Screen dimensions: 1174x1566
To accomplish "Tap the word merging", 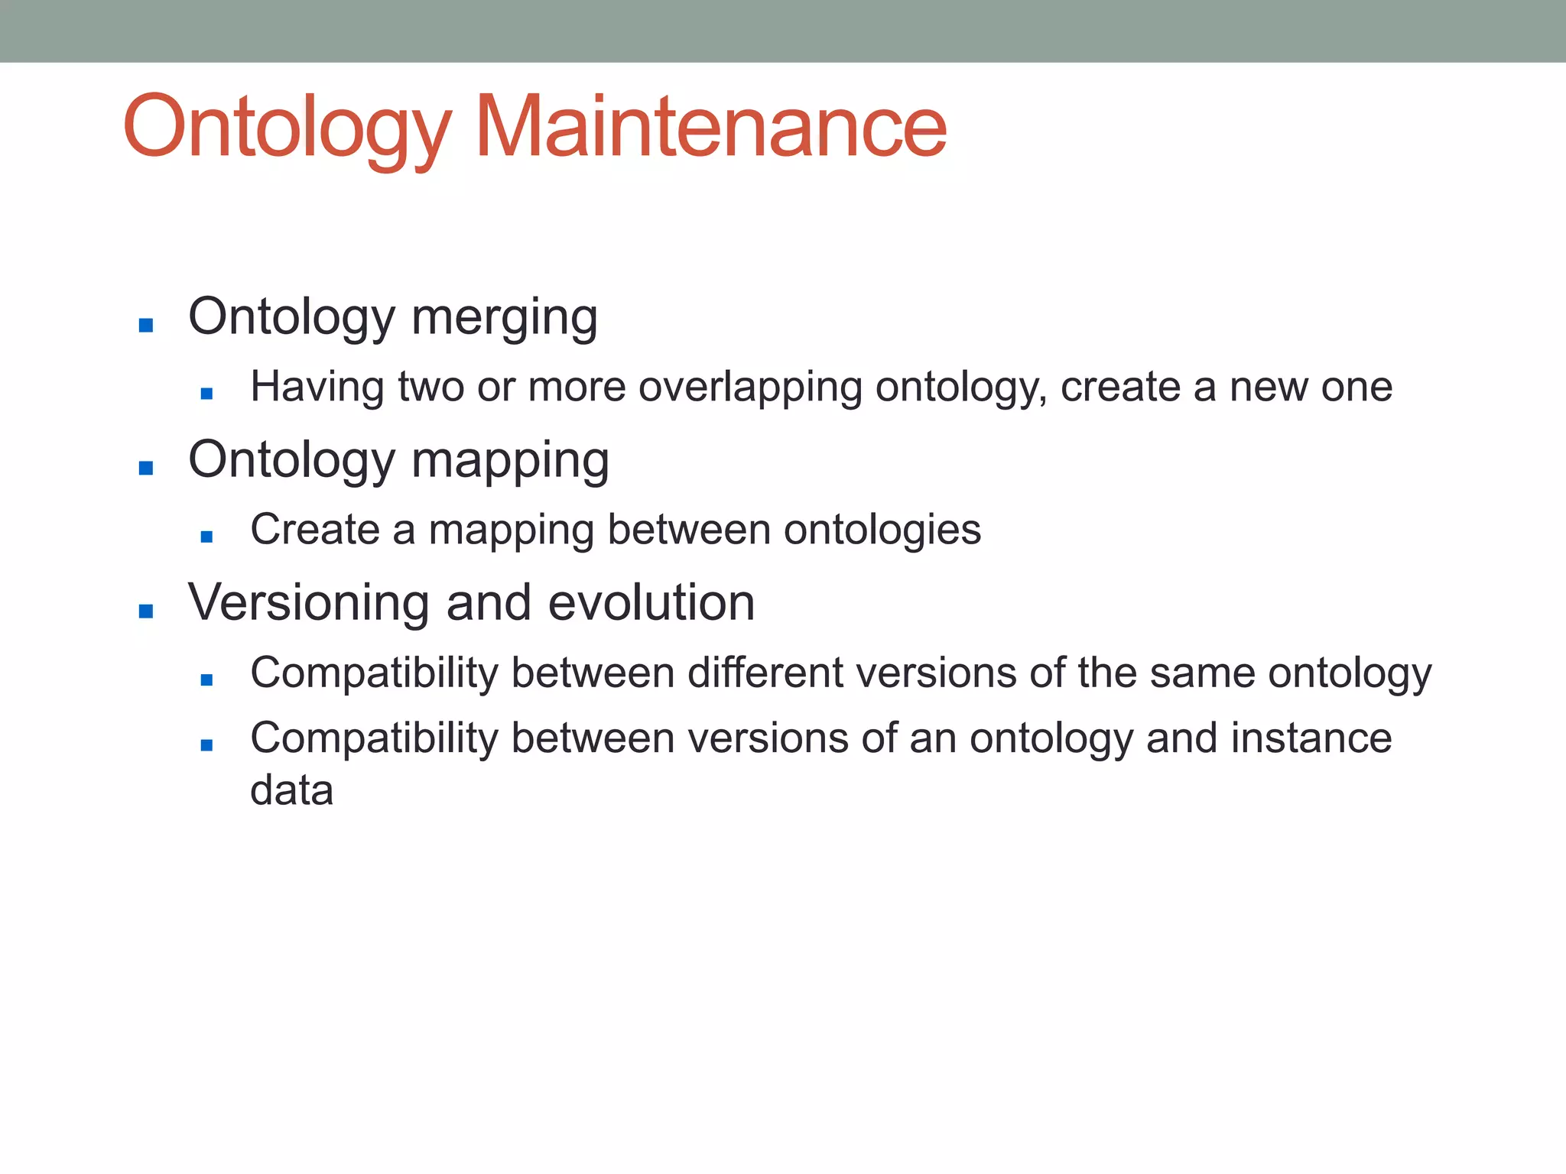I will (x=504, y=317).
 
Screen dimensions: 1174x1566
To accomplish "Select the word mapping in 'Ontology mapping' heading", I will (x=510, y=460).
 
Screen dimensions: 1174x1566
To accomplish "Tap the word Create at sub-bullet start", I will (x=314, y=529).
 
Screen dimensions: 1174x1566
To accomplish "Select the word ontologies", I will (x=882, y=529).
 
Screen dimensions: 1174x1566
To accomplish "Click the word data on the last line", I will (x=291, y=790).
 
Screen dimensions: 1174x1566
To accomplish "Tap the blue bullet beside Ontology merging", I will (x=146, y=326).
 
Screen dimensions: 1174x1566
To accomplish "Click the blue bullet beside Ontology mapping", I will (x=146, y=468).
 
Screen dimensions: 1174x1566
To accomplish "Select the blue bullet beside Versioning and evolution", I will (x=146, y=611).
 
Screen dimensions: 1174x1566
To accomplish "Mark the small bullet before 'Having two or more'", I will (x=206, y=394).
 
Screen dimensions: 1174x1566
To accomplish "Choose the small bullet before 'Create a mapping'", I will (x=206, y=537).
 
